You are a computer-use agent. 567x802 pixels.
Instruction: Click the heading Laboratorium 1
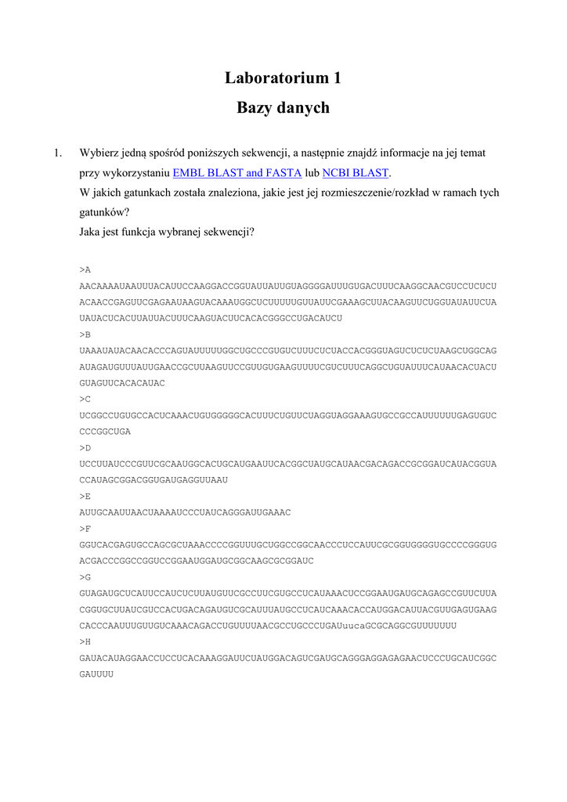(x=283, y=78)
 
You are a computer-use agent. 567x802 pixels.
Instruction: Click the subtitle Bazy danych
(x=283, y=108)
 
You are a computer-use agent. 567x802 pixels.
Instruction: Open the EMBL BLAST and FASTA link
(x=237, y=173)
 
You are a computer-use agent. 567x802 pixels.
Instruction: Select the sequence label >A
(x=85, y=269)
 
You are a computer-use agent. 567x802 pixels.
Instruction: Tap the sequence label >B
(x=85, y=334)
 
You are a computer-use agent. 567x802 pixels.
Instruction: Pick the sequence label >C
(x=85, y=399)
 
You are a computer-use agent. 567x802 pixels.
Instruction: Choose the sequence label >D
(x=85, y=448)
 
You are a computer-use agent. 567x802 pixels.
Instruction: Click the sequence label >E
(x=85, y=497)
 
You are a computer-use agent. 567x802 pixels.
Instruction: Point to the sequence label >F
(x=85, y=529)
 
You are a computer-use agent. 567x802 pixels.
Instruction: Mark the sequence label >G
(x=85, y=578)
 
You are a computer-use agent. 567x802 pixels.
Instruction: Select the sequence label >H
(x=85, y=643)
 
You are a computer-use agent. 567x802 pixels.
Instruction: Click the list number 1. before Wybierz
(x=58, y=154)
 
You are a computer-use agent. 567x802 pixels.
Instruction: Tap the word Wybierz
(x=99, y=154)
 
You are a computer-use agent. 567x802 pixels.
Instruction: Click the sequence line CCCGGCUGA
(x=105, y=432)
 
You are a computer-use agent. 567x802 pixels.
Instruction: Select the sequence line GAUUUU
(x=96, y=675)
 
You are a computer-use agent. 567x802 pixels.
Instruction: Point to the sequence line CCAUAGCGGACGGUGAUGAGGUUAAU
(x=153, y=480)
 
